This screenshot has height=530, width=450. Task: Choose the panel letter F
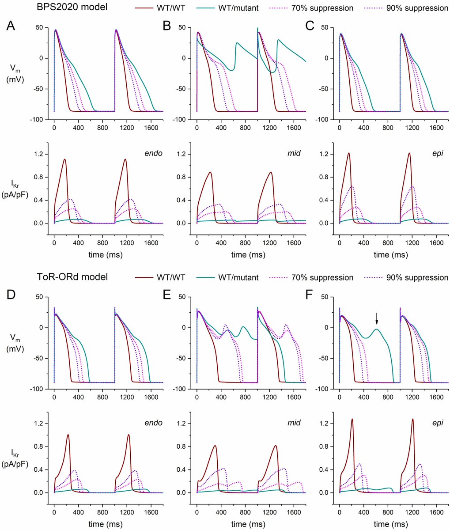coord(310,296)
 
